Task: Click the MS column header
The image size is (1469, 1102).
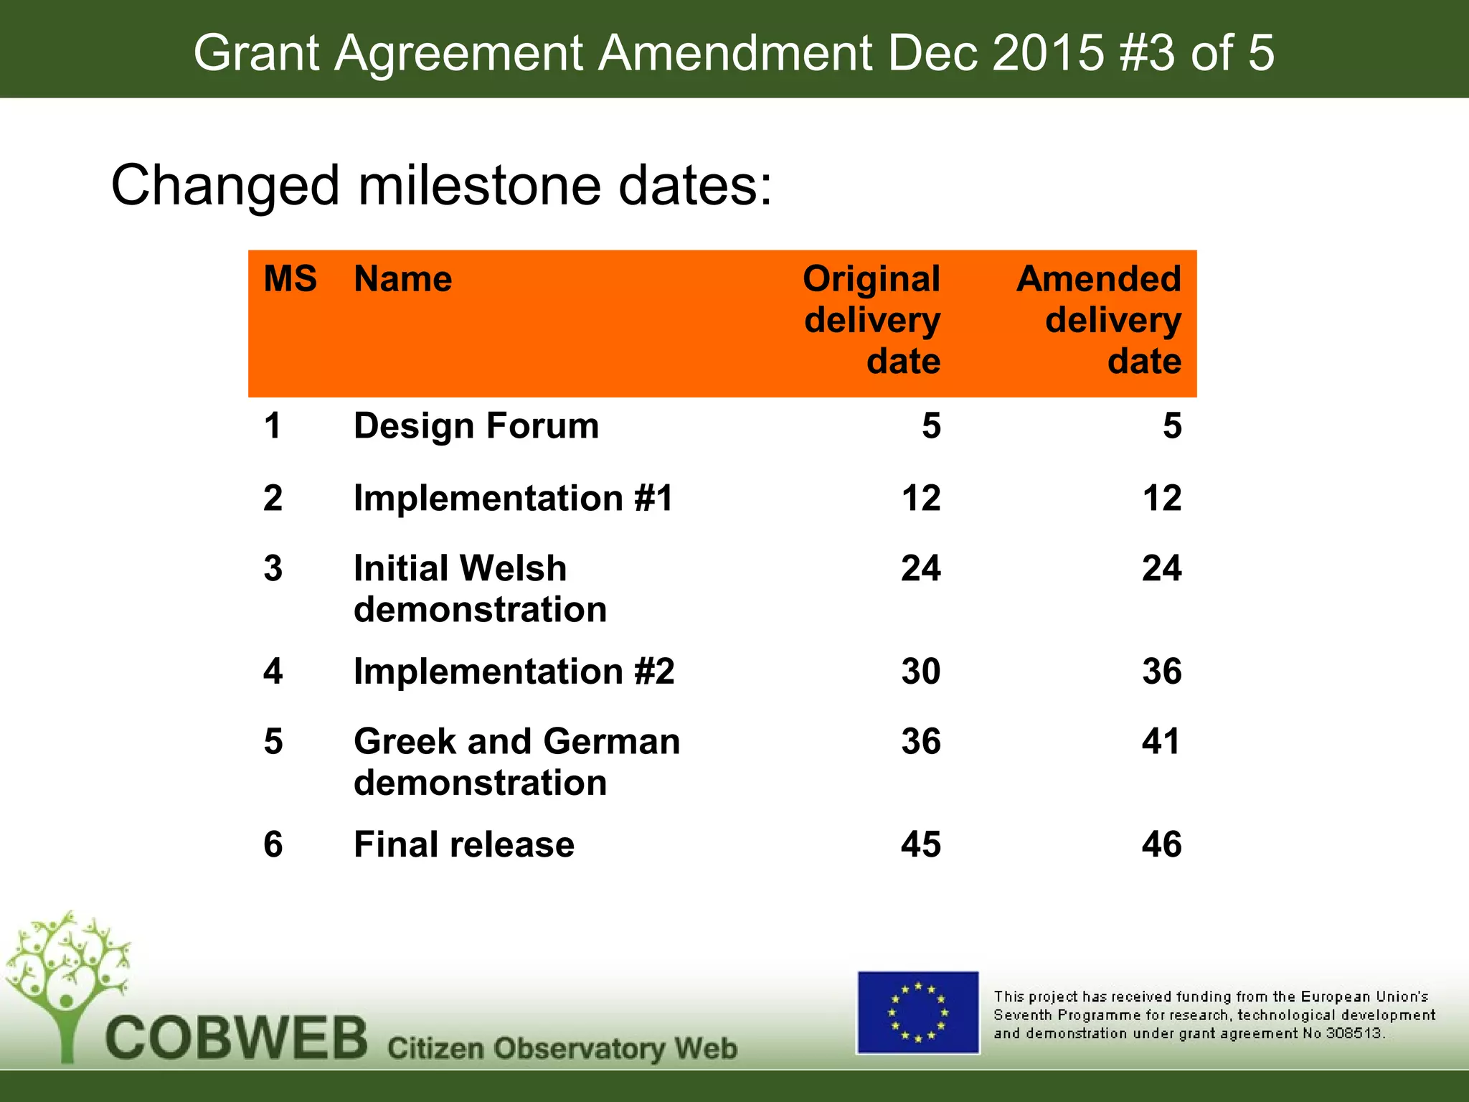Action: click(290, 278)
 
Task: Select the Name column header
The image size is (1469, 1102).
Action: click(402, 278)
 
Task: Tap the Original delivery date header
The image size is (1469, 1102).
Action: click(872, 319)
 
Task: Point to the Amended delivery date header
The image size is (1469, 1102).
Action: click(1099, 319)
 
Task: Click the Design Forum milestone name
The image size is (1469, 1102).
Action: click(476, 425)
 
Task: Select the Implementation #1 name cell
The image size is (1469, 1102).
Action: click(514, 498)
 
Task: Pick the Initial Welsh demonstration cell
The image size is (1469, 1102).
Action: click(481, 588)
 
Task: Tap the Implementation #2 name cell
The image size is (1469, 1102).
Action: click(514, 672)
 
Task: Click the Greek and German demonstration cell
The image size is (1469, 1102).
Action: click(516, 761)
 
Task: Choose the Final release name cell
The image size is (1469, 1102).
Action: click(464, 844)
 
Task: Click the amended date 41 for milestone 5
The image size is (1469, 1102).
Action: click(1161, 741)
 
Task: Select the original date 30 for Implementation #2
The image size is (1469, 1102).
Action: click(921, 672)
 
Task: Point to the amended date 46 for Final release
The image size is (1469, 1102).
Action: click(1161, 844)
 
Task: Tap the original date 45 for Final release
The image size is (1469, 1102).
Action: click(921, 844)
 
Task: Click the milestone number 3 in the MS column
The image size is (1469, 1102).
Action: click(273, 568)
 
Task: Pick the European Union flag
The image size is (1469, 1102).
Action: click(918, 1012)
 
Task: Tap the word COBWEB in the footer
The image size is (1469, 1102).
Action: click(237, 1039)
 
